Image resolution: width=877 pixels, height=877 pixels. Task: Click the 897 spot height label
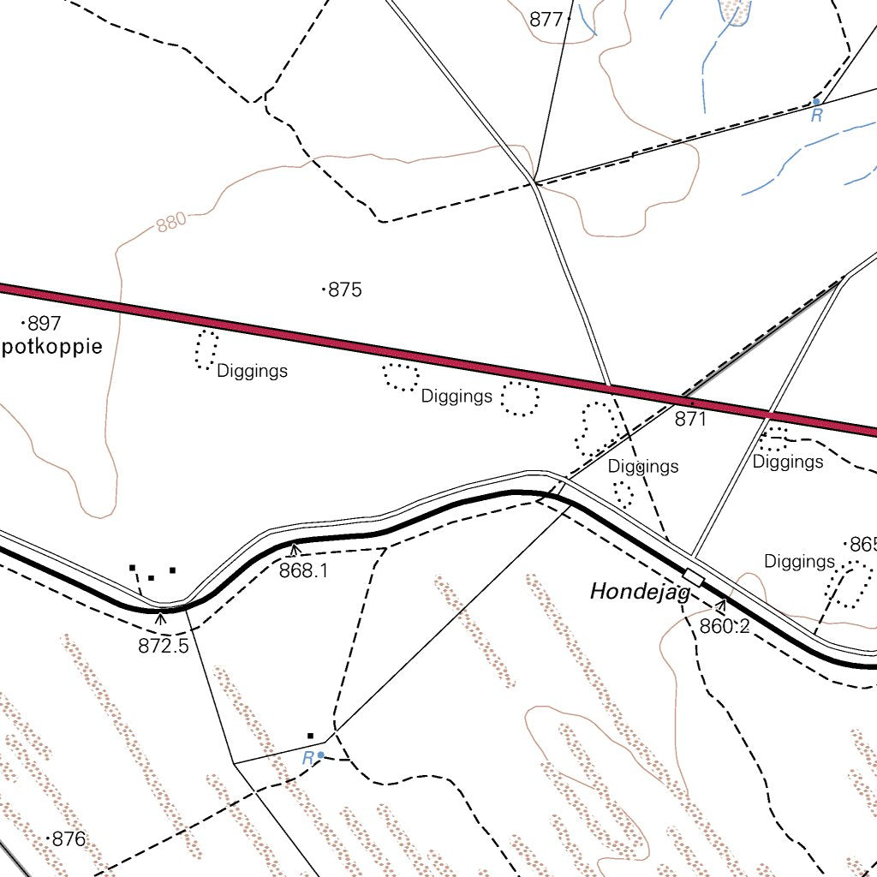point(45,324)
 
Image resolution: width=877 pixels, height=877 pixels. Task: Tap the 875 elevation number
point(345,290)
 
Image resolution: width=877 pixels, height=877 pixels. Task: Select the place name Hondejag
point(640,592)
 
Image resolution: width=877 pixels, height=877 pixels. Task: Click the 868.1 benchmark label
point(303,570)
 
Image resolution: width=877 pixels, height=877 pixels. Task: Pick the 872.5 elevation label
point(163,646)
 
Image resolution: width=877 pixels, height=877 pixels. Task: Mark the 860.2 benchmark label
point(725,627)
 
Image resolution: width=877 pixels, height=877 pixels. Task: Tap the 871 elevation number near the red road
point(690,420)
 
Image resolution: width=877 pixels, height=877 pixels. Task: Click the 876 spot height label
point(69,839)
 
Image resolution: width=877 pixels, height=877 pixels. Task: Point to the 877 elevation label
point(546,20)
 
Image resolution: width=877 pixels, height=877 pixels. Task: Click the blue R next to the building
point(307,758)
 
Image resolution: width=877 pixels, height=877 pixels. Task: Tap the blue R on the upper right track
point(817,115)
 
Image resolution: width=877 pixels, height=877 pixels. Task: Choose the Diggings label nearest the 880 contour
point(252,372)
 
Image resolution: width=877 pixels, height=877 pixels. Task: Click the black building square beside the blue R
point(311,736)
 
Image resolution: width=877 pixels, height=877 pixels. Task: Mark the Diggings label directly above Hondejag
point(643,467)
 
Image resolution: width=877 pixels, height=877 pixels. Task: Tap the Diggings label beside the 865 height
point(799,562)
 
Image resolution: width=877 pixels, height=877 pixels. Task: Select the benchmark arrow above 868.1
point(295,549)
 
